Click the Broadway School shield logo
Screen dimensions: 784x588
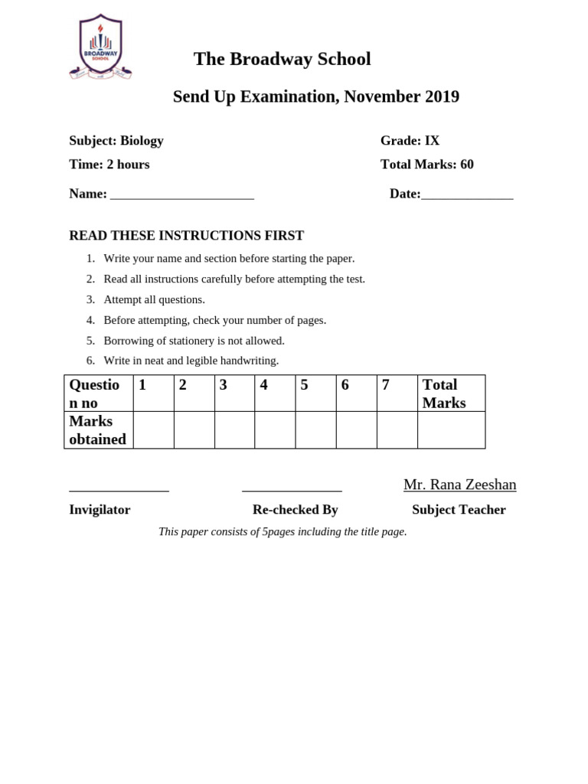pos(100,47)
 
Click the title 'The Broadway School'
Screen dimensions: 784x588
pos(282,59)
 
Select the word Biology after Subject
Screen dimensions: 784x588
pos(142,141)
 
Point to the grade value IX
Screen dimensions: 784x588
pos(432,141)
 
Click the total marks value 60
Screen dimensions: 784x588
pos(467,165)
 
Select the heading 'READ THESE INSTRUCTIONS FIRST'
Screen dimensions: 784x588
pos(186,236)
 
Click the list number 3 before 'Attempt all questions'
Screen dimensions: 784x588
pos(90,299)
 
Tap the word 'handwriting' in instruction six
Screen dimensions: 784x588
pos(250,361)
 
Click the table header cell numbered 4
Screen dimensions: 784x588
pos(275,393)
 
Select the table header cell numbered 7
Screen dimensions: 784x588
pos(397,393)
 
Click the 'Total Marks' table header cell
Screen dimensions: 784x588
pos(451,394)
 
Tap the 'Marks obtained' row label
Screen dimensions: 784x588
pos(98,430)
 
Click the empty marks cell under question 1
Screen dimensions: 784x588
pos(153,430)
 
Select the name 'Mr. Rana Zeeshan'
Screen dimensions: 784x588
pos(459,485)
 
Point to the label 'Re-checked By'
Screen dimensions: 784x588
pos(295,510)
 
